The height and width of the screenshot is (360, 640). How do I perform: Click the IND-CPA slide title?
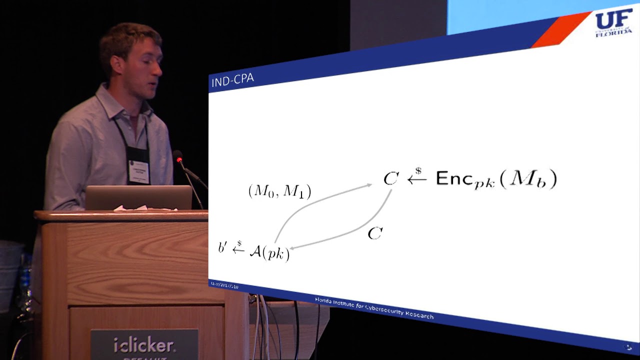[232, 80]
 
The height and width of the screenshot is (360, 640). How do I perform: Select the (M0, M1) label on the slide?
[279, 191]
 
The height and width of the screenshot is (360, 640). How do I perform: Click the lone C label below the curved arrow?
[375, 233]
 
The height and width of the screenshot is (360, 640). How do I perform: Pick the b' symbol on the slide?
[222, 247]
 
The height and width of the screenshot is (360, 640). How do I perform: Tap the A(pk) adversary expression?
[269, 252]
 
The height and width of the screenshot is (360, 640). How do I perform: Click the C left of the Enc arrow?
[390, 179]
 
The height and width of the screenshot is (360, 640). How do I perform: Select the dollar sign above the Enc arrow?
[418, 170]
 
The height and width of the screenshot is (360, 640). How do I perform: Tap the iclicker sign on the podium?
[144, 344]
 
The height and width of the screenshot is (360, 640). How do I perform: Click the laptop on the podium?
[138, 197]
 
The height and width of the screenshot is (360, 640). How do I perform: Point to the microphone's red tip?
[179, 159]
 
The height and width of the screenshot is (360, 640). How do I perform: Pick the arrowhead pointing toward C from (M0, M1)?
[369, 185]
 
